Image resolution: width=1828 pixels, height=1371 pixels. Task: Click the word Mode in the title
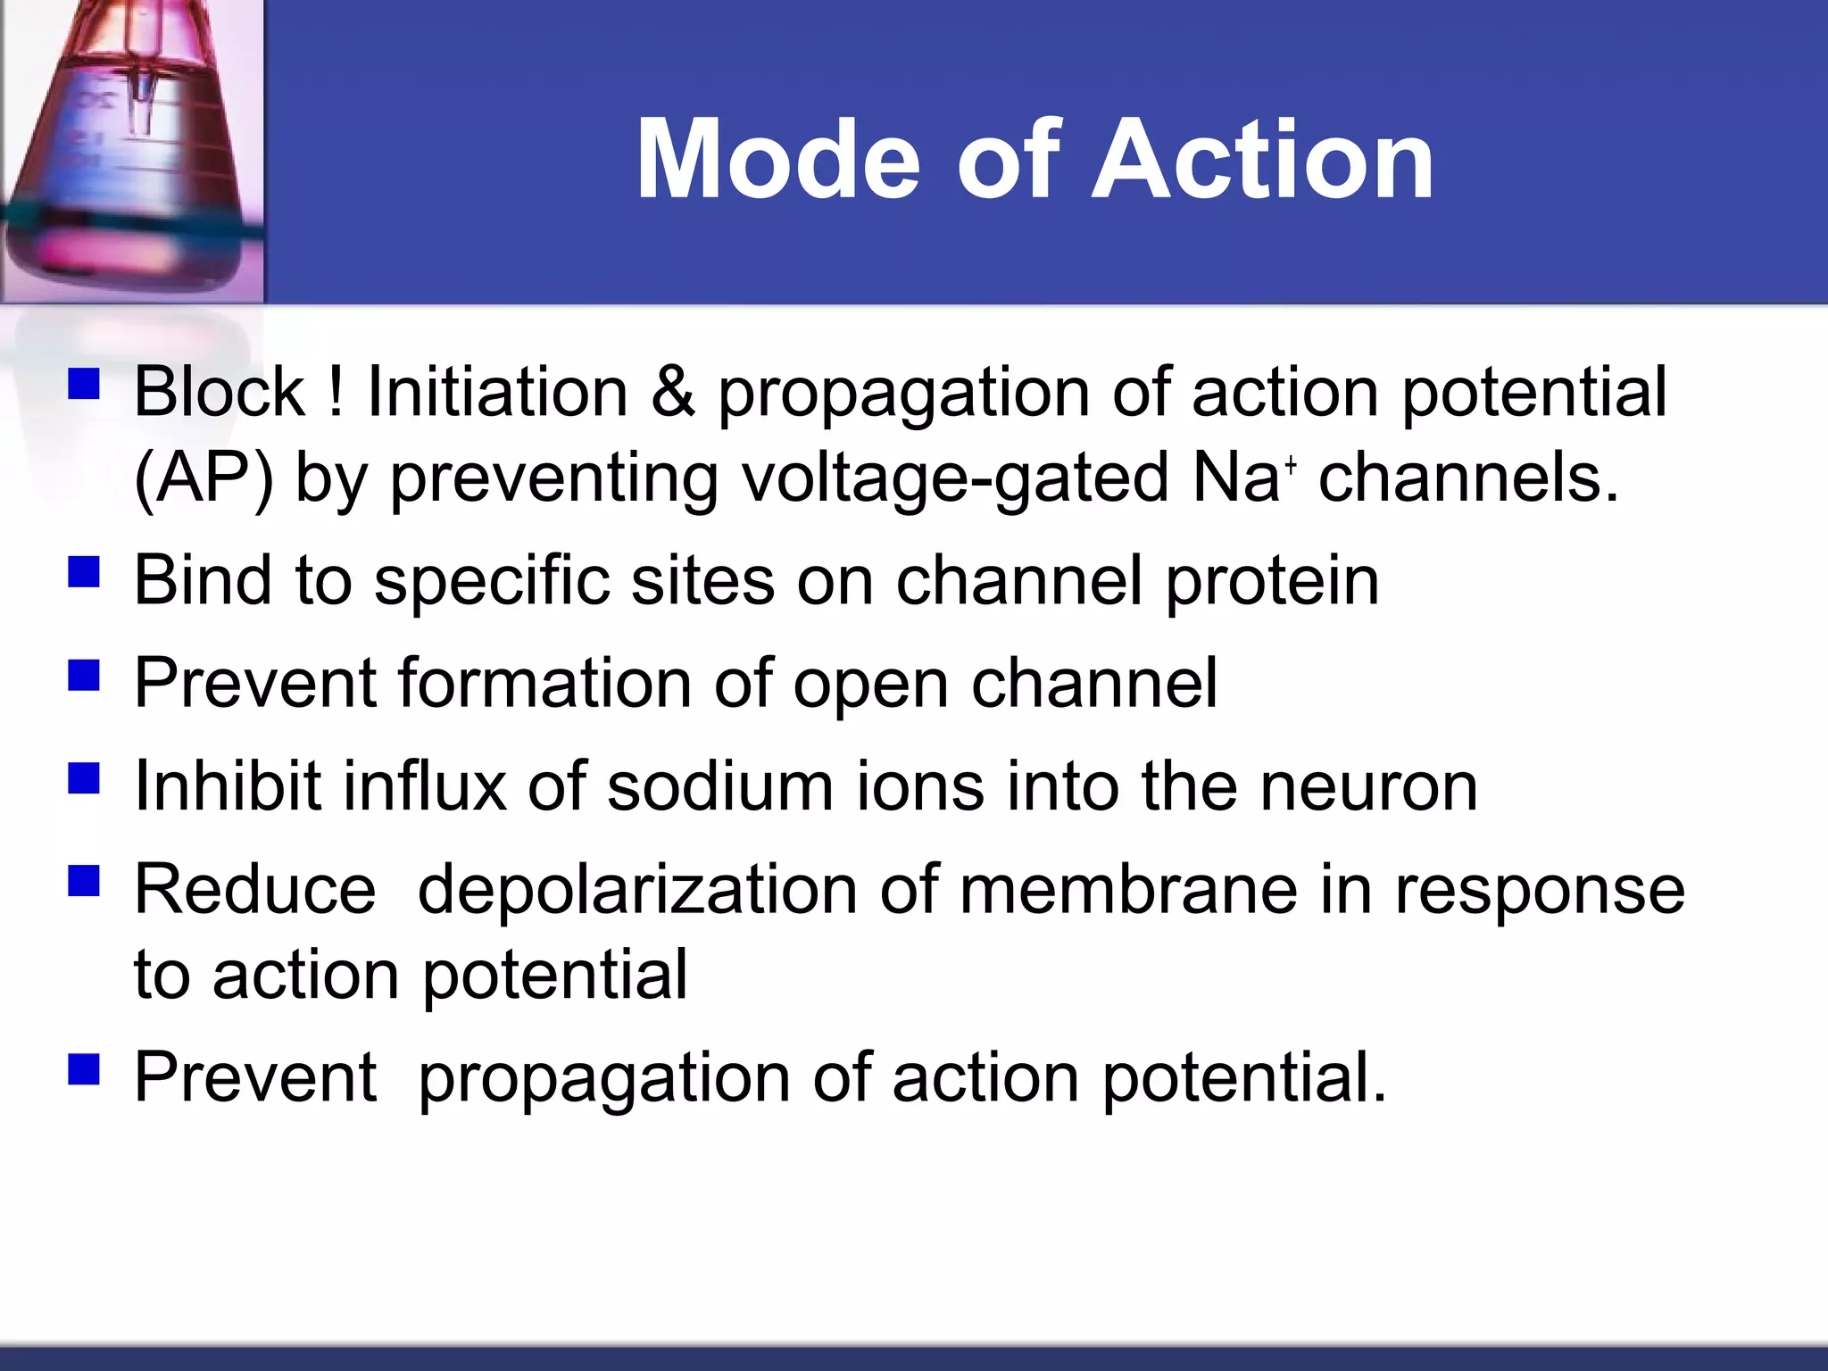coord(777,161)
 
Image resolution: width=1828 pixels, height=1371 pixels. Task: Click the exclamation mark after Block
coord(336,392)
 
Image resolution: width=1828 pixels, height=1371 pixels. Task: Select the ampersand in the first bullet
coord(673,392)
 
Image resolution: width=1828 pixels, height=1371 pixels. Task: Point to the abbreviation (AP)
coord(204,478)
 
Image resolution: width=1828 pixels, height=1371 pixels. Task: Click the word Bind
coord(203,580)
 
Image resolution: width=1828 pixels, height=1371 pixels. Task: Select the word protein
coord(1272,582)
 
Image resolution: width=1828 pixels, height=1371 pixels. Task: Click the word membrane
coord(1128,890)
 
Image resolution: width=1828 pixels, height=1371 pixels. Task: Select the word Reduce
coord(255,890)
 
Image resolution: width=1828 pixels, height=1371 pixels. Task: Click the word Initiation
coord(497,392)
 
